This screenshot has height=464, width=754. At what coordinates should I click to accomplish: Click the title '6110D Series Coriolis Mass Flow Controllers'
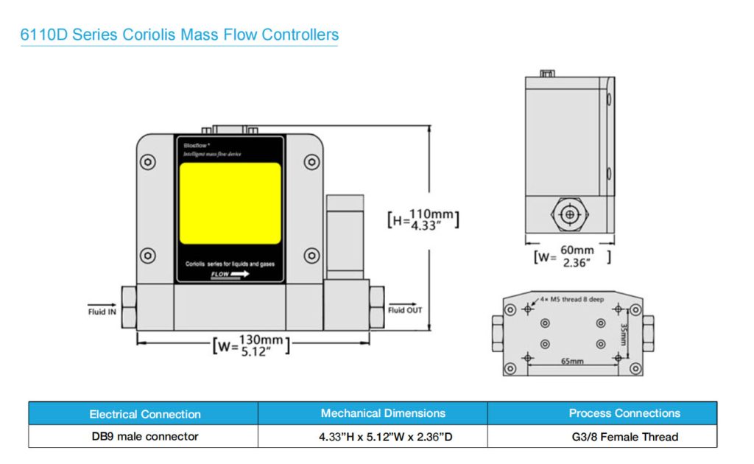pos(180,35)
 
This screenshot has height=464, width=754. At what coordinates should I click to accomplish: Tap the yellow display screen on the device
pos(230,203)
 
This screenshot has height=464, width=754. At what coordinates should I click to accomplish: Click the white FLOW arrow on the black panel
pos(230,274)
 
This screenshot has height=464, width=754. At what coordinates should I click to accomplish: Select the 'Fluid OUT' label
pos(405,310)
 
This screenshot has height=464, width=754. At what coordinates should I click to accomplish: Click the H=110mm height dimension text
pos(423,219)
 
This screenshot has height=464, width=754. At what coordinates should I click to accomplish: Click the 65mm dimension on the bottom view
pos(571,362)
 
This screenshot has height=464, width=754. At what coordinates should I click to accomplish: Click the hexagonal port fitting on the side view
pos(568,215)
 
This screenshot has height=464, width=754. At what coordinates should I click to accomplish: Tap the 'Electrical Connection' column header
pos(144,414)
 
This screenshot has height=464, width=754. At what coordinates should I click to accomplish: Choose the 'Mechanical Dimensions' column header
pos(383,413)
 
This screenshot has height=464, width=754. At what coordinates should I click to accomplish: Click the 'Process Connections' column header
pos(624,413)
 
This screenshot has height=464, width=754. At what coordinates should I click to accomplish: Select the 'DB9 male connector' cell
pos(144,437)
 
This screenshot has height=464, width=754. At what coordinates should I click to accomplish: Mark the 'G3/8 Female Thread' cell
pos(624,437)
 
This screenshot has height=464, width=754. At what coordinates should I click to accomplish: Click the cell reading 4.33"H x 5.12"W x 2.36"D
pos(385,437)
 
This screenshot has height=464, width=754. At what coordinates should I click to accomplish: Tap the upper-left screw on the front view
pos(149,162)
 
